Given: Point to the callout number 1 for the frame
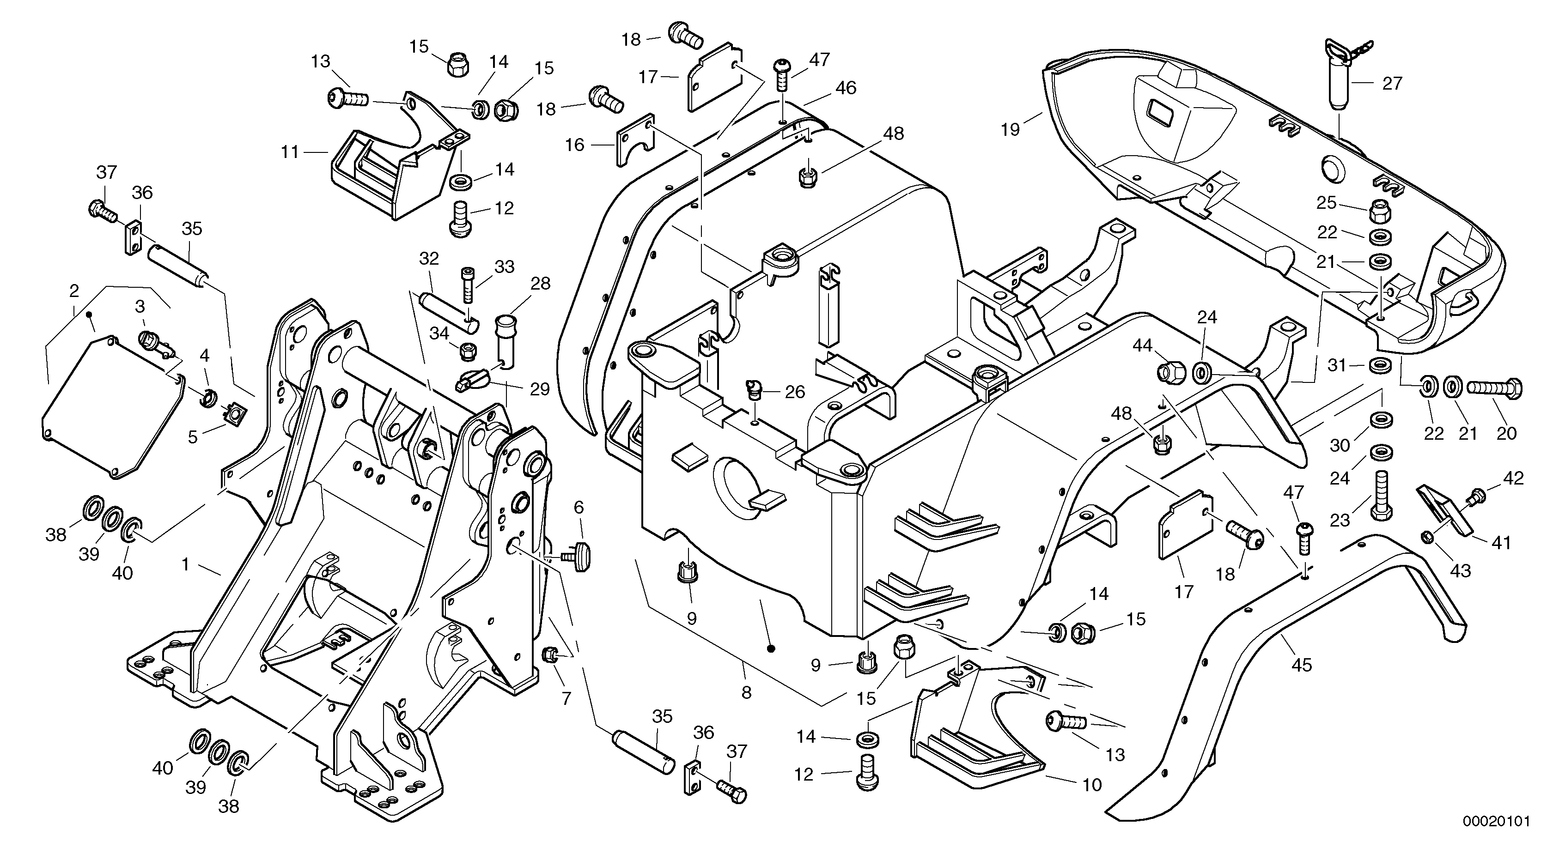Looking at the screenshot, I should click(185, 564).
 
